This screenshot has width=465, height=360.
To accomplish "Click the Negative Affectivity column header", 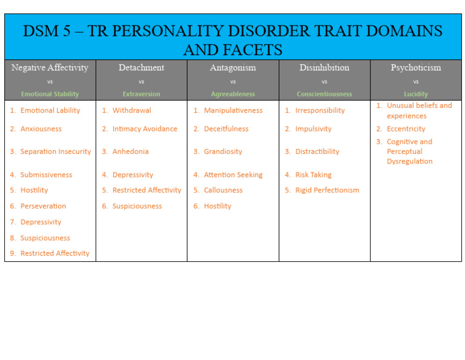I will coord(50,68).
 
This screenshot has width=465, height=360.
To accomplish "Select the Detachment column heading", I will coord(141,68).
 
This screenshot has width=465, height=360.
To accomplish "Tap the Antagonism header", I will coord(232,68).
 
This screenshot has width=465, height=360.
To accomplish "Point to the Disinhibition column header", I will coord(324,68).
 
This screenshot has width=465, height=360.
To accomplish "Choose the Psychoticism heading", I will coord(415,68).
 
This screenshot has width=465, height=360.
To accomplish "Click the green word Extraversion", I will coord(141,95).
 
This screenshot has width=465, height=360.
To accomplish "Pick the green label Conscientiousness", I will coord(324,95).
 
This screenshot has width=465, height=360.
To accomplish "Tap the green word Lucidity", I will coord(415,95).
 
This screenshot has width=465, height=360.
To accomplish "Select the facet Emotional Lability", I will coord(50,111).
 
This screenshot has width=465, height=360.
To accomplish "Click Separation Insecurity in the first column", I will coord(56,152).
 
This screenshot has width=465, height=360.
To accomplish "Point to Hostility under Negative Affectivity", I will coord(34,190).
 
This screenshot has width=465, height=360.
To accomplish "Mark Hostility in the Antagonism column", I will coord(217,206).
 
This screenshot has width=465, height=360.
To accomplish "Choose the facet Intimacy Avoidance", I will coord(145,129).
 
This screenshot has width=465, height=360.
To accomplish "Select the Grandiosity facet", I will coord(223,152).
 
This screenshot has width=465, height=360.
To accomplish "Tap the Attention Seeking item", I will coord(233,175).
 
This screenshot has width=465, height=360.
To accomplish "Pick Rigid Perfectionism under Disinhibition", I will coord(327,190).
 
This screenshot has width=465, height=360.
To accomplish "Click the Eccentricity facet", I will coord(406,129).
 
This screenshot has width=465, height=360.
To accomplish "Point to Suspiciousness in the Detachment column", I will coord(137,206).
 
